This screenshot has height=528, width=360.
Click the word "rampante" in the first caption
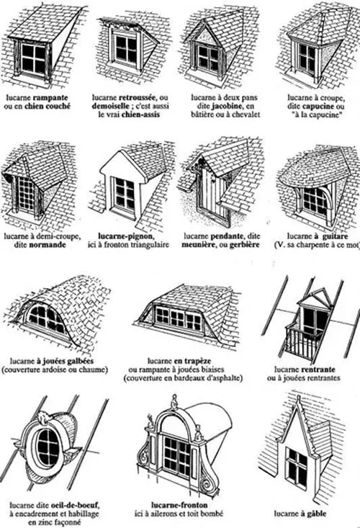50,98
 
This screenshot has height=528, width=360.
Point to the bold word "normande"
48,245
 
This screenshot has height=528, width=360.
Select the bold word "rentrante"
318,370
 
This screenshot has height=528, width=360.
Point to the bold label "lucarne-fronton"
179,505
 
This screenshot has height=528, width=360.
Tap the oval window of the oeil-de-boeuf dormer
48,447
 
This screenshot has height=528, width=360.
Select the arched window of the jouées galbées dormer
47,319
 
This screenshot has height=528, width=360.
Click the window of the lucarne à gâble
297,466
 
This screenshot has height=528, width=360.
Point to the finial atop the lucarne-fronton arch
174,401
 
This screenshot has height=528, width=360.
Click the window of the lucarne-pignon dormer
124,193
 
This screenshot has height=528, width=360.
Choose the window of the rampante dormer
34,60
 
